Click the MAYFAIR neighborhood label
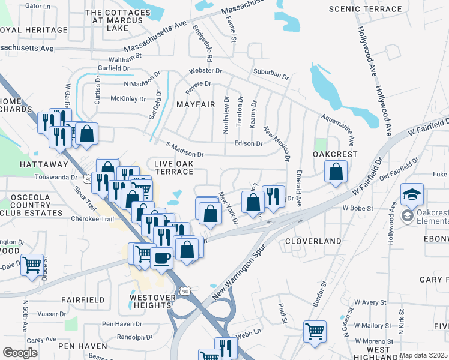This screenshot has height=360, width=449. pyautogui.click(x=196, y=104)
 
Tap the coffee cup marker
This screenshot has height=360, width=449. pyautogui.click(x=161, y=258)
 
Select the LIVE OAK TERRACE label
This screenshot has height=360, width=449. pyautogui.click(x=173, y=167)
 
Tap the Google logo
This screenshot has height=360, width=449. pyautogui.click(x=20, y=353)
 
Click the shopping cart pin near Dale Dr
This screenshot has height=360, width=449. pyautogui.click(x=32, y=263)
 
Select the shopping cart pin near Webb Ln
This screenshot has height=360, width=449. pyautogui.click(x=315, y=331)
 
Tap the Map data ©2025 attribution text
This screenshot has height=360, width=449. pyautogui.click(x=423, y=355)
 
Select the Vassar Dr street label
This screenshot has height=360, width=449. pyautogui.click(x=52, y=314)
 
